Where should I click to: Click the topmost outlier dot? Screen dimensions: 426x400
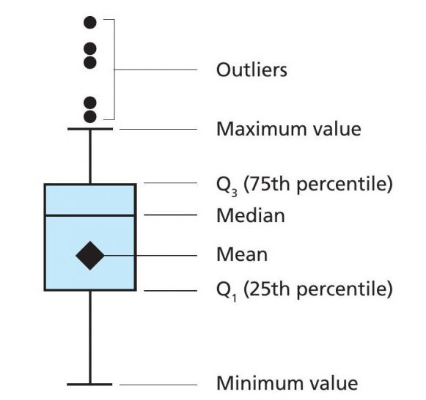[90, 22]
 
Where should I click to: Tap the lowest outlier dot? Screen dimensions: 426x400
[90, 116]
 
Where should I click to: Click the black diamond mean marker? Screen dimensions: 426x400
[90, 256]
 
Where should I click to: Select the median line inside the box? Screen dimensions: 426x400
[90, 215]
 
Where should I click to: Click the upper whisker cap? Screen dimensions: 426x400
[90, 129]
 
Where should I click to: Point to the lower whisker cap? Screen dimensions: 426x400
[89, 385]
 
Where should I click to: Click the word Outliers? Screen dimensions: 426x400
[251, 70]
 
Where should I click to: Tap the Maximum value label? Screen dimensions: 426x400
[289, 129]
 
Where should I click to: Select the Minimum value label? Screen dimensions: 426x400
[287, 383]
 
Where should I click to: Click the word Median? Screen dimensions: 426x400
[251, 215]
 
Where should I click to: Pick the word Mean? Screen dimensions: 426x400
[242, 254]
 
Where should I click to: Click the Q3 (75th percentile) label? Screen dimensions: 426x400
[304, 185]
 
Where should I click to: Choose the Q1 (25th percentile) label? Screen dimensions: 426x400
[304, 290]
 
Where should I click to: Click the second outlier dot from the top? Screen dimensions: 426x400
[90, 49]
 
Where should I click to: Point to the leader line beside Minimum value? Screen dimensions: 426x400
[158, 385]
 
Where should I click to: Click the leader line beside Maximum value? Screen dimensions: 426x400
[158, 129]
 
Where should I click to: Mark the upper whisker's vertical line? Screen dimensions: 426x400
[90, 157]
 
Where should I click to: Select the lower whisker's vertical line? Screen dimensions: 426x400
[90, 337]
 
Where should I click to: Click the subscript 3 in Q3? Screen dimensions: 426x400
[235, 193]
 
